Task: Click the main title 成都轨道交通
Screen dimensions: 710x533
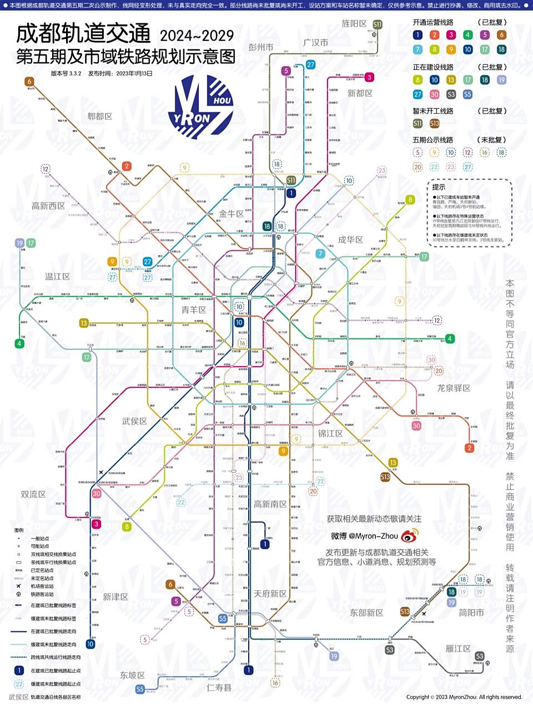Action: coord(83,34)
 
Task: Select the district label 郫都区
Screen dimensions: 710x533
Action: coord(100,116)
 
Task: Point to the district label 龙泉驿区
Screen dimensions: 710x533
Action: coord(453,388)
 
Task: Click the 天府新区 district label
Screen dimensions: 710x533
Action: coord(270,594)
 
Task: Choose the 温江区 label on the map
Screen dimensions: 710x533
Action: coord(57,276)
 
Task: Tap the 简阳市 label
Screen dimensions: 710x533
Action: coord(471,613)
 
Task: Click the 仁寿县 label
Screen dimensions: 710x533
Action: coord(219,688)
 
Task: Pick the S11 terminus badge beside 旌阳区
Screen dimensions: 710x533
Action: coord(378,24)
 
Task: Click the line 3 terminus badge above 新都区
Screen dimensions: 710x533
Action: coord(369,77)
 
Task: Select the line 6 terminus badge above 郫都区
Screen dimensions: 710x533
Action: coord(29,82)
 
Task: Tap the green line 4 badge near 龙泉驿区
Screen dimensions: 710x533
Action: coord(450,338)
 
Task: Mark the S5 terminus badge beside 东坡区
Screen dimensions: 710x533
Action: coord(140,689)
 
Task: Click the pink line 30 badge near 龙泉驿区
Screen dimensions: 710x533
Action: coord(416,426)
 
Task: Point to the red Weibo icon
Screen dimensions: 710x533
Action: coord(410,536)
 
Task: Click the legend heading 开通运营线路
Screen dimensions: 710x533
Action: coord(433,23)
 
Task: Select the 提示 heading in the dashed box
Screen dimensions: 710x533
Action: coord(439,187)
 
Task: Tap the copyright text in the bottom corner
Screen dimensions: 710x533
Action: coord(464,697)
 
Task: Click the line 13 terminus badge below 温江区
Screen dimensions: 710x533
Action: coord(84,323)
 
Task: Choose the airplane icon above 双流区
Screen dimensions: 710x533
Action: coord(101,473)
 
